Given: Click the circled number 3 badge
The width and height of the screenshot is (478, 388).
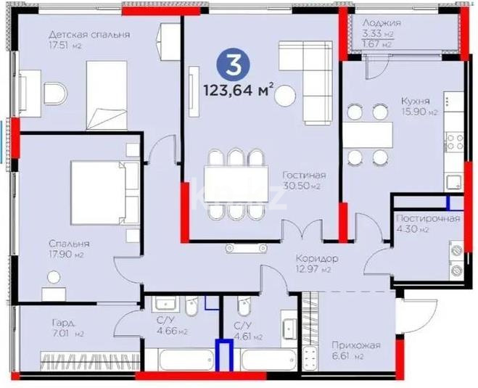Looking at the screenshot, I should click(234, 65).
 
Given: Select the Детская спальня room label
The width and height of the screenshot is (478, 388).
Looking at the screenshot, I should click(88, 34).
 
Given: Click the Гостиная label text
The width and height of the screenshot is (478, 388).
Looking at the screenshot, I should click(305, 176).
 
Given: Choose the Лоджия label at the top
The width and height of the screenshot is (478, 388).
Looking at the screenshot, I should click(381, 22).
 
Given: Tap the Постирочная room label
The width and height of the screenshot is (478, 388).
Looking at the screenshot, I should click(427, 218).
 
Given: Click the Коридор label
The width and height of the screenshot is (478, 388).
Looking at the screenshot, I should click(316, 258).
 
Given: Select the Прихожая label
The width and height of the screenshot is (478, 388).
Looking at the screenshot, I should click(355, 346).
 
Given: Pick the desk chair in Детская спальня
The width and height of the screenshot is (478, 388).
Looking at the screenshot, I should click(54, 92).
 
